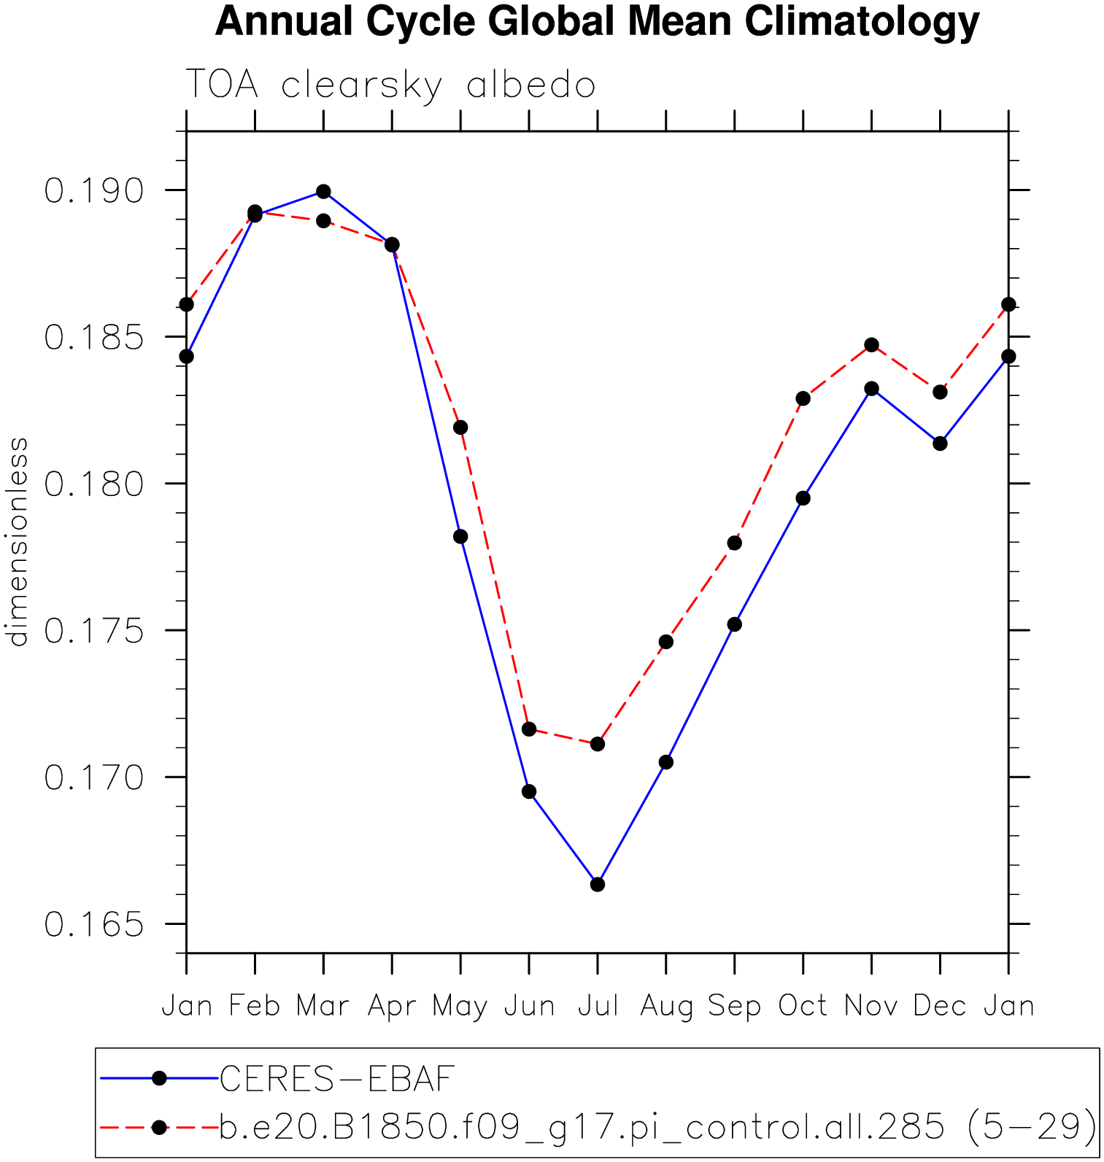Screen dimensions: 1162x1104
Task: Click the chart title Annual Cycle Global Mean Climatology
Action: click(597, 22)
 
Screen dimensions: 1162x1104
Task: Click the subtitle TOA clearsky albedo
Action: click(390, 85)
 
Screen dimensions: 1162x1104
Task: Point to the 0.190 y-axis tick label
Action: click(94, 191)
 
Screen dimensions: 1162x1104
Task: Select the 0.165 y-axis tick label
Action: click(94, 925)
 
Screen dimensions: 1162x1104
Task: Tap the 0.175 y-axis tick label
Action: click(94, 631)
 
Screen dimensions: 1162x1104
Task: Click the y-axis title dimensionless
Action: click(18, 541)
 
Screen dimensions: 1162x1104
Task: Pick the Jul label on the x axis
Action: click(598, 1006)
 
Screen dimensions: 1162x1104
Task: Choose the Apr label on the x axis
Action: click(392, 1006)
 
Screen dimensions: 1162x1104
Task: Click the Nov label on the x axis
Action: click(871, 1006)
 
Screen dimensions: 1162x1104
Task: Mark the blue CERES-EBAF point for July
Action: click(598, 884)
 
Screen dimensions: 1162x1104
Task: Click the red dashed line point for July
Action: click(598, 744)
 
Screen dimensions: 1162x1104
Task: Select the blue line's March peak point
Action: click(323, 192)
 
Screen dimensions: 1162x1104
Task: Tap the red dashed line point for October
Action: click(803, 398)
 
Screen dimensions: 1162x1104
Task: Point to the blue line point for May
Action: click(460, 536)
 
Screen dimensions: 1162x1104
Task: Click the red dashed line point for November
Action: click(871, 344)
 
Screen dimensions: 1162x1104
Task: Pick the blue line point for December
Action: click(940, 443)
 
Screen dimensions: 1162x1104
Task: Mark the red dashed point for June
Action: click(529, 729)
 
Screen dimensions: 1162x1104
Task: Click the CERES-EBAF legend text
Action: click(337, 1079)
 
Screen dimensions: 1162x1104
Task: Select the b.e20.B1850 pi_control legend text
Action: click(657, 1127)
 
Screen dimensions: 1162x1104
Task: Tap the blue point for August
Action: click(665, 762)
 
